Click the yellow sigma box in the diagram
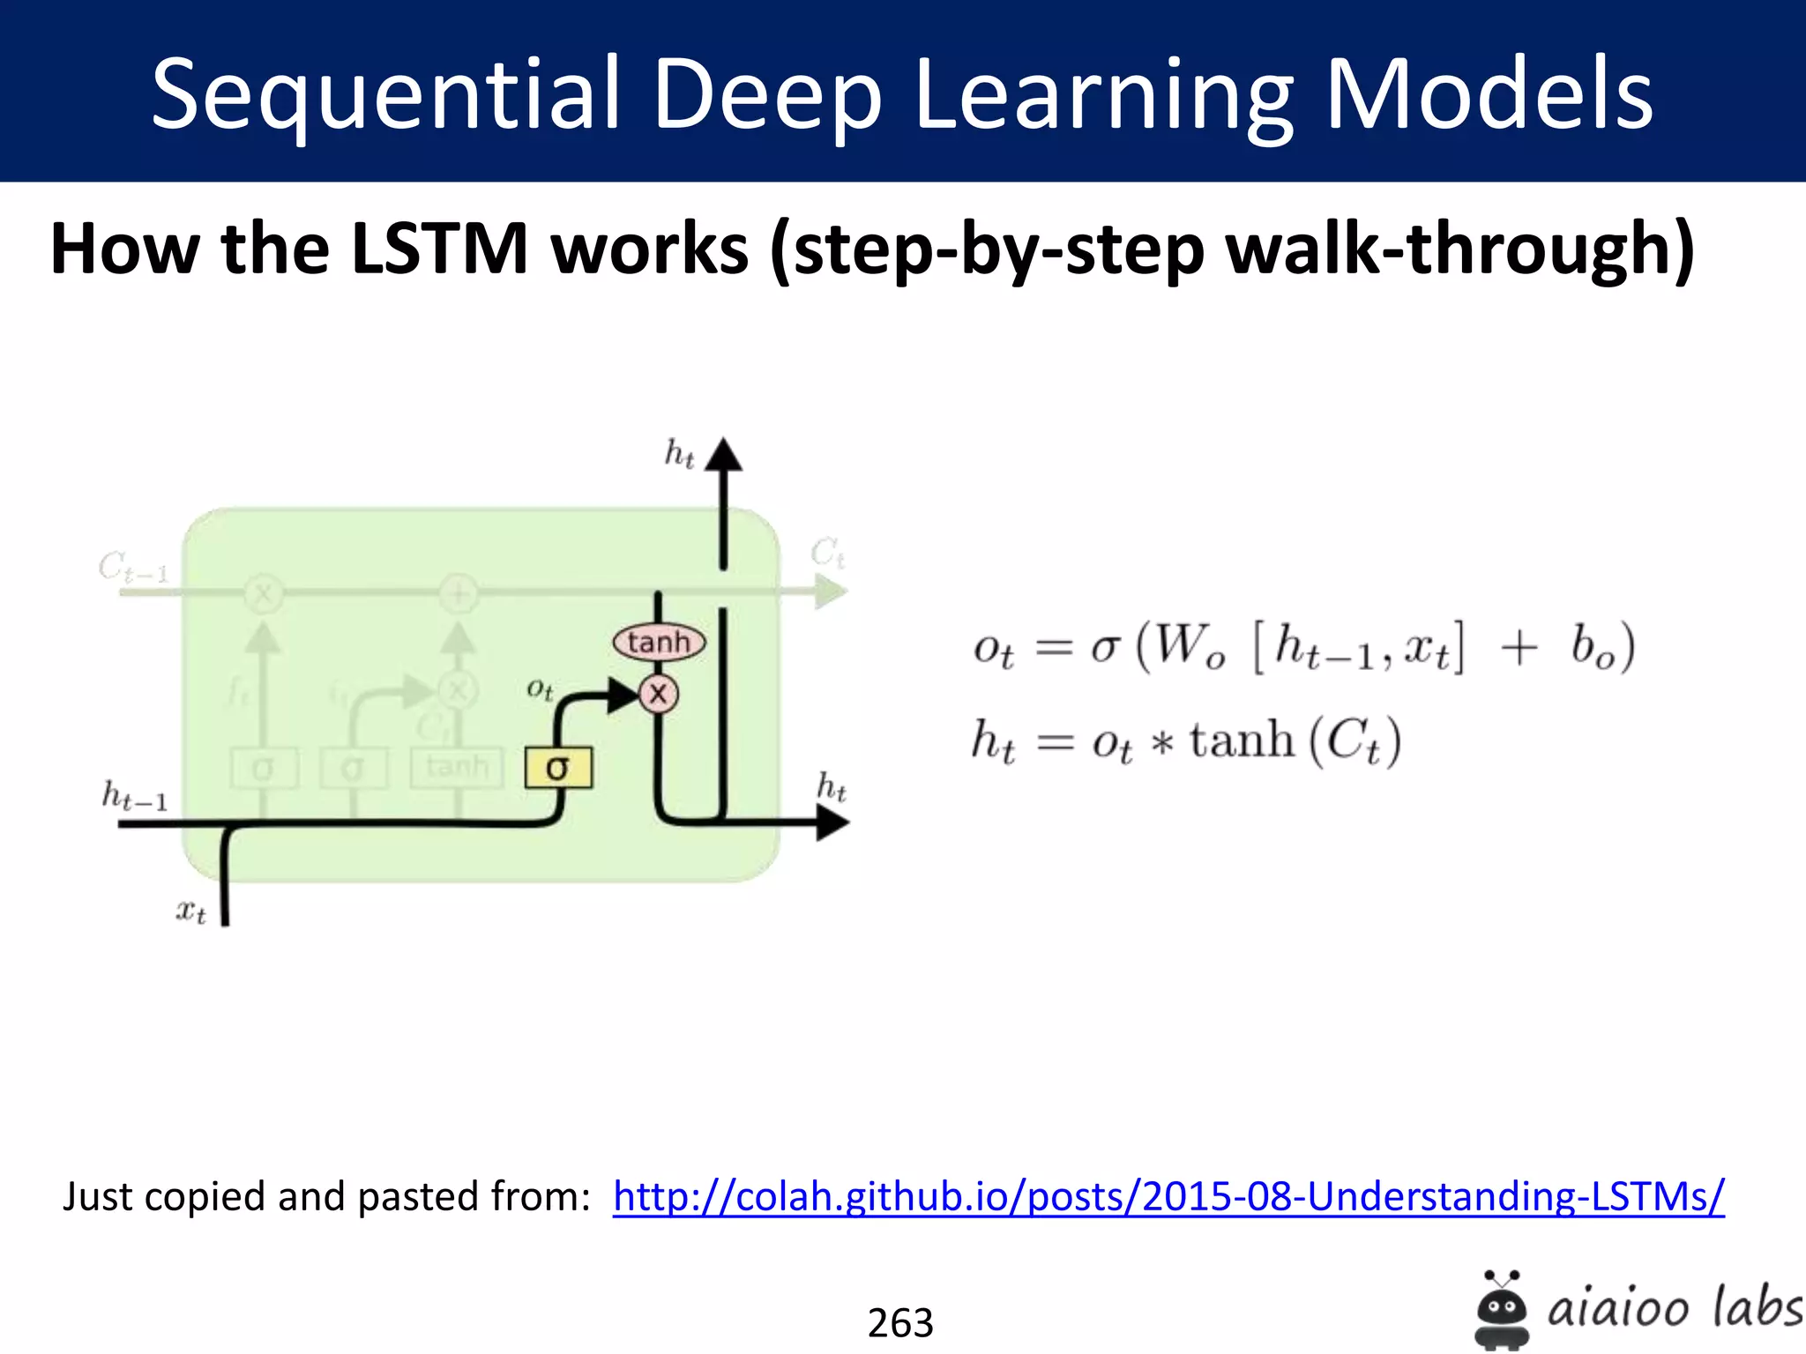click(558, 767)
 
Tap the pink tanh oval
click(659, 642)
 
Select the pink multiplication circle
click(659, 695)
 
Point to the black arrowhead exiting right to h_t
click(831, 823)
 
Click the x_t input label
click(190, 910)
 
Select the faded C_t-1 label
click(132, 567)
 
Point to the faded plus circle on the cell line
click(459, 593)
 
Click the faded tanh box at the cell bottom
click(457, 767)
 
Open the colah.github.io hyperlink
click(1168, 1197)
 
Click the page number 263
click(900, 1322)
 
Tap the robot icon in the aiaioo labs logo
click(1501, 1308)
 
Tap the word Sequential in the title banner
click(384, 93)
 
